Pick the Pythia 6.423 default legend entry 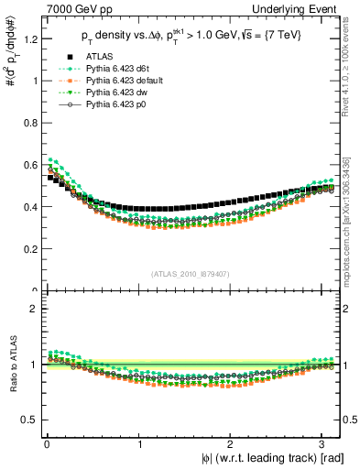[115, 81]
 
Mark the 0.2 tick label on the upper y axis [30, 249]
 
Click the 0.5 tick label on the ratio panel [30, 420]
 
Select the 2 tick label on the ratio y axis [33, 309]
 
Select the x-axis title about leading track [267, 458]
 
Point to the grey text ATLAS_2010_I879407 [191, 274]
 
